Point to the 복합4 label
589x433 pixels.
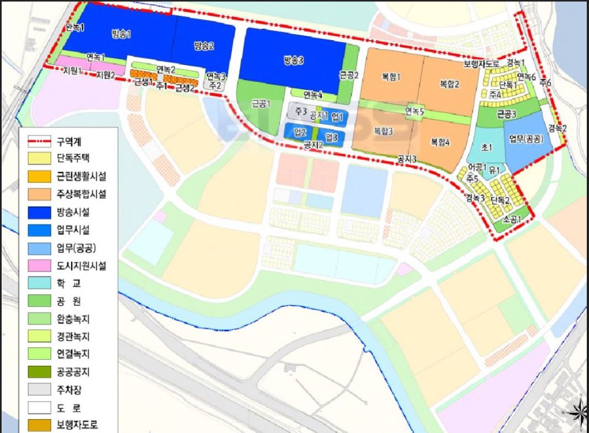point(440,142)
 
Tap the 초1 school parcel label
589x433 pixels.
point(486,148)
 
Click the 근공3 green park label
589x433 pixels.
point(506,114)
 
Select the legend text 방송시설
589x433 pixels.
point(74,212)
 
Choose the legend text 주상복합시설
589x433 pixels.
point(81,194)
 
